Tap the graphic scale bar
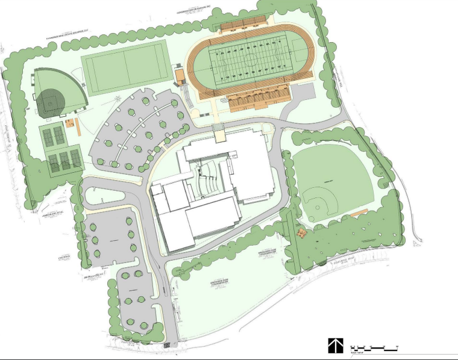375,348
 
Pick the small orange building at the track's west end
180,76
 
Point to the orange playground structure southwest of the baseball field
302,232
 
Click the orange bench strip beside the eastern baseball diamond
361,213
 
